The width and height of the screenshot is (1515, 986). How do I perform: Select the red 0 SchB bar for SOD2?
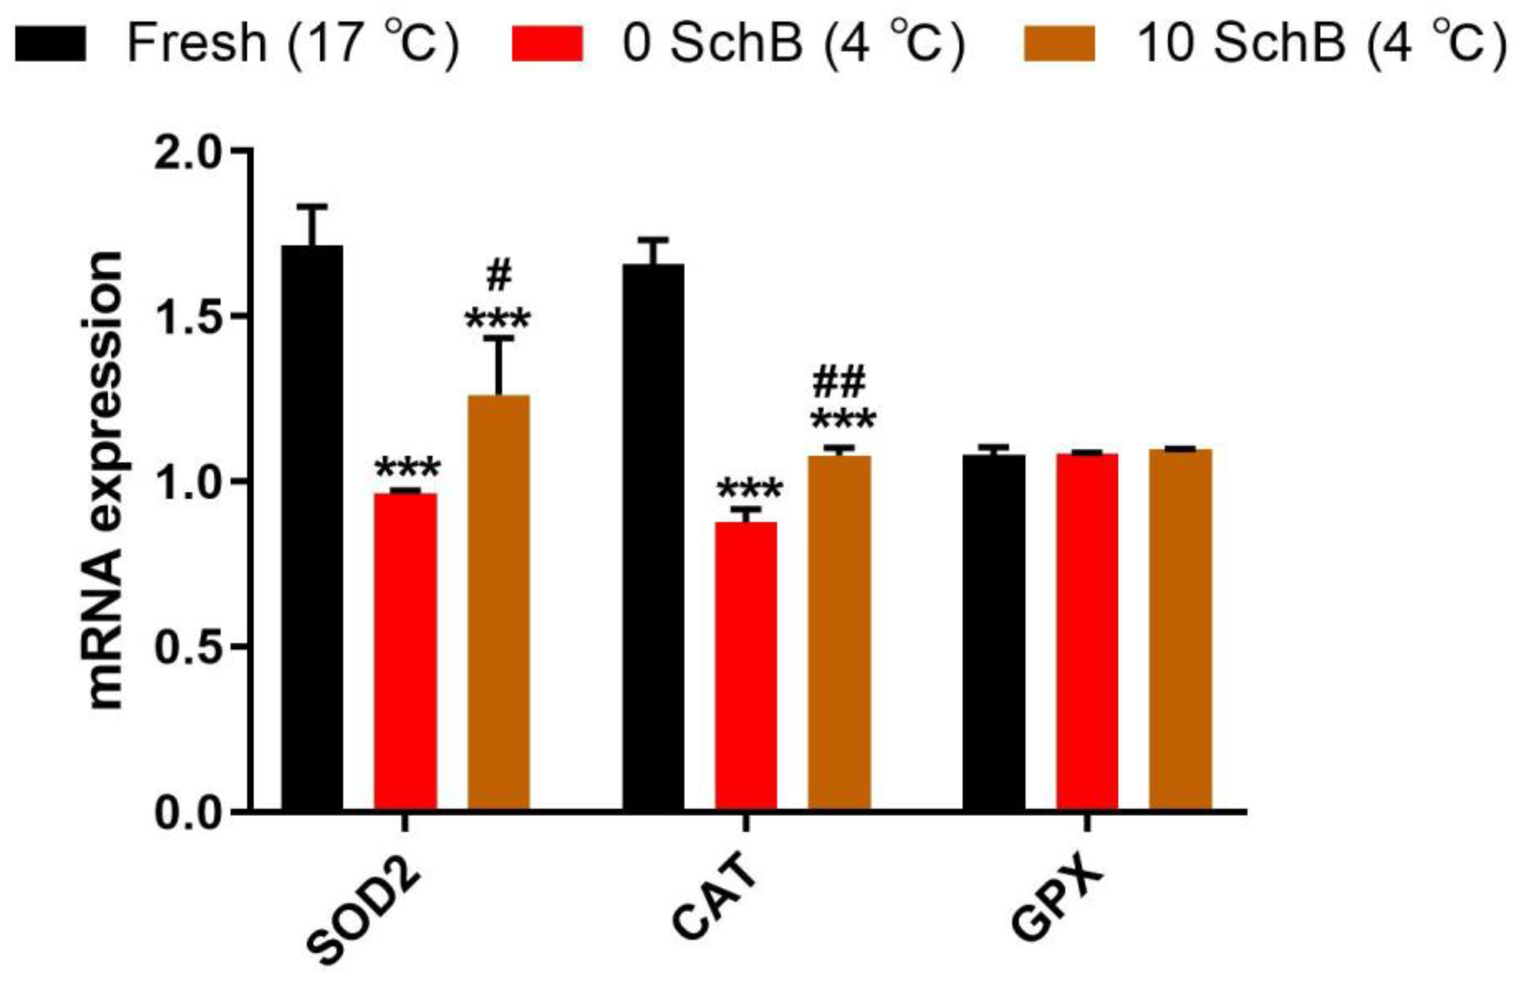click(x=406, y=652)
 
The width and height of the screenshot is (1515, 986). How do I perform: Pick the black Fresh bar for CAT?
click(x=653, y=537)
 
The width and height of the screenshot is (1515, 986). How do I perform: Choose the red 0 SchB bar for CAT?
click(x=746, y=666)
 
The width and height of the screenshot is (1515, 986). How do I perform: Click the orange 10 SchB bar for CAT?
click(x=840, y=633)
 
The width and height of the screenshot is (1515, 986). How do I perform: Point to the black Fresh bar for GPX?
click(x=994, y=633)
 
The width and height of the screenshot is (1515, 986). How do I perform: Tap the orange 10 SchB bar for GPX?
click(x=1180, y=630)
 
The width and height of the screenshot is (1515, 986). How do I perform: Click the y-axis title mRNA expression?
click(x=103, y=481)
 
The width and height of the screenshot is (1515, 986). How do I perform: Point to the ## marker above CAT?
click(x=840, y=382)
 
